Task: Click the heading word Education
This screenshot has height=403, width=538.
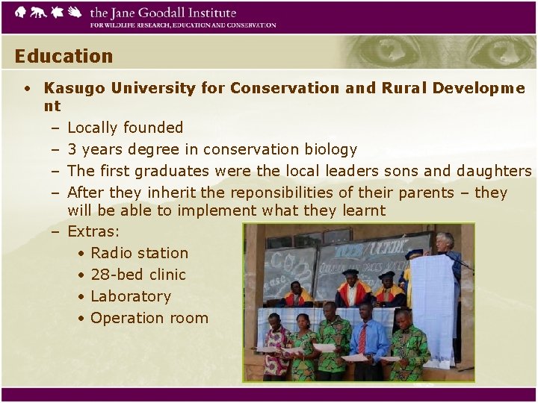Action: [x=64, y=56]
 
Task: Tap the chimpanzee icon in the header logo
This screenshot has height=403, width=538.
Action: [x=38, y=13]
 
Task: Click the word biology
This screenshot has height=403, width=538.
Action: [x=330, y=149]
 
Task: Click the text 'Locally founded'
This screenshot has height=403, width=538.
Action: [x=125, y=128]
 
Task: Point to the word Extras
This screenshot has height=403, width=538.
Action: [x=93, y=231]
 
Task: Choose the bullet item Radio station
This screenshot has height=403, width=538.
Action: [x=139, y=253]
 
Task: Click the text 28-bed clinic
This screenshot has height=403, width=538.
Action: [x=137, y=275]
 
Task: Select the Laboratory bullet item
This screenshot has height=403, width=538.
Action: [x=131, y=296]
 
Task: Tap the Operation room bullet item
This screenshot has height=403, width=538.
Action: [x=149, y=318]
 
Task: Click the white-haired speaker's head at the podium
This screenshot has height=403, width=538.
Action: [x=445, y=241]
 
